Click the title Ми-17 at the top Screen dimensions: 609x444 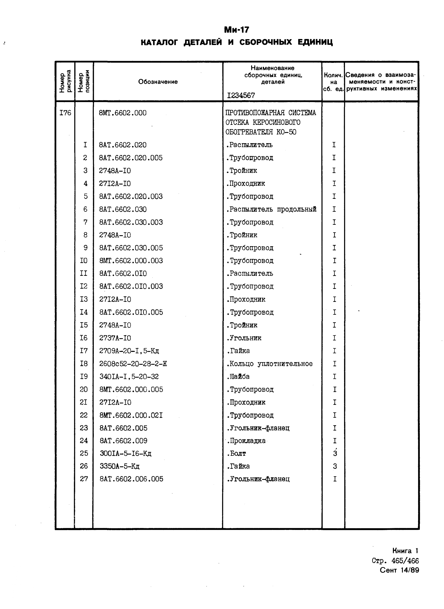click(x=237, y=30)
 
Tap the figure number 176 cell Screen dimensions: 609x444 click(x=65, y=113)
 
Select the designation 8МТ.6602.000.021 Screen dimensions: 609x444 click(x=131, y=415)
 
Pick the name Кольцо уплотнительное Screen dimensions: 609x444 click(x=270, y=364)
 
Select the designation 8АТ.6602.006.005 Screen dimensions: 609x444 click(x=131, y=479)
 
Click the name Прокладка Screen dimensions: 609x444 click(x=246, y=441)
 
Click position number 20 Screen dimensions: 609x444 click(x=84, y=389)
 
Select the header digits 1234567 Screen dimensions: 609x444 click(x=241, y=95)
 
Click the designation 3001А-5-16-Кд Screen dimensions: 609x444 click(x=126, y=453)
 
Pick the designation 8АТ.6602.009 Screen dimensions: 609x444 click(x=123, y=441)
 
